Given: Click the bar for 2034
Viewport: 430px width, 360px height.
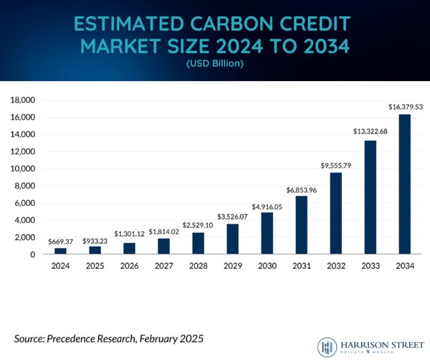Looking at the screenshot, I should (403, 184).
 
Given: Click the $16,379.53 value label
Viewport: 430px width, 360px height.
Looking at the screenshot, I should (403, 106).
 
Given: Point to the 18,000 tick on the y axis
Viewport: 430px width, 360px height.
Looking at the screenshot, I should (22, 100).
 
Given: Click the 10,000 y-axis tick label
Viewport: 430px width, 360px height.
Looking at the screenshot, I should (22, 169).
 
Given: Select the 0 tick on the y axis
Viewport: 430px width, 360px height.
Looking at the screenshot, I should (32, 255).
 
